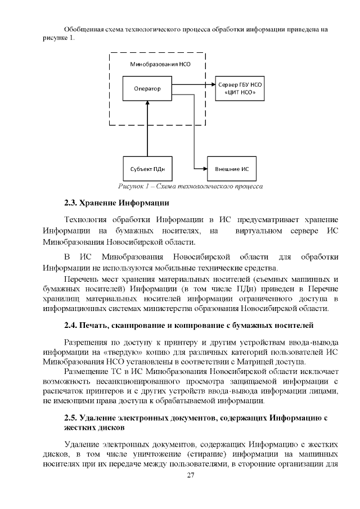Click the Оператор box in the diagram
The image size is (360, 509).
pyautogui.click(x=147, y=88)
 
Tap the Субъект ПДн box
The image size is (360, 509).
pyautogui.click(x=147, y=168)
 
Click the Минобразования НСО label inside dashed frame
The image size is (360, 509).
pyautogui.click(x=160, y=65)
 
